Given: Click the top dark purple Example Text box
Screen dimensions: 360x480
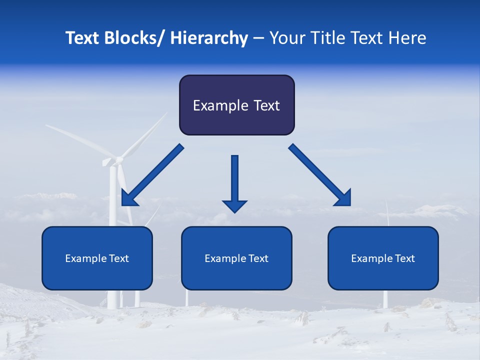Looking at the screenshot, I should point(236,105).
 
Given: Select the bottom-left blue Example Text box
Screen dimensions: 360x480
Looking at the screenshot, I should point(97,258).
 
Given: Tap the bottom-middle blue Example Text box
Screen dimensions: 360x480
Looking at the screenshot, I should point(236,258).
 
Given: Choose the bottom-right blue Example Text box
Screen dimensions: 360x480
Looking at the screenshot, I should point(383,258).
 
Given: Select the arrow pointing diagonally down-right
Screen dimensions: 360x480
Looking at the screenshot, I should point(320,175).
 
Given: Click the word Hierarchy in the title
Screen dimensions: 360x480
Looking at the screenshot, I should point(209,38).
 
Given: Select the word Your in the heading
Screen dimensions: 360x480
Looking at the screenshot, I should point(286,38).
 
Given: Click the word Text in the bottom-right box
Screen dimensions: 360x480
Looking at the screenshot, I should point(404,258).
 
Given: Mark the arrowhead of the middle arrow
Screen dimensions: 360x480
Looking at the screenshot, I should point(234,205).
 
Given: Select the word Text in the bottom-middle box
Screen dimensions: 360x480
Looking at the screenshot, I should point(257,258).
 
